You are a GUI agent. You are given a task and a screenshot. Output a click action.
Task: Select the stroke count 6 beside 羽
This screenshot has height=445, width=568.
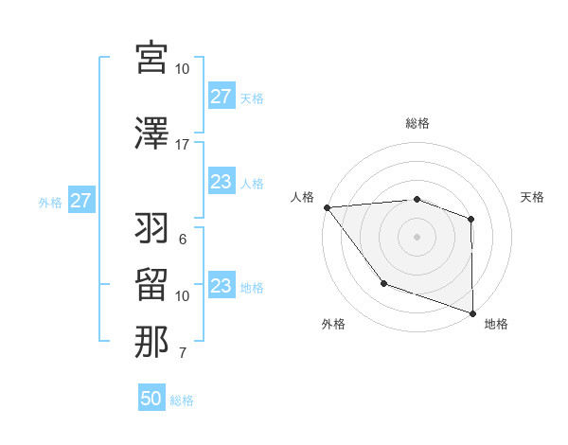[x=182, y=240]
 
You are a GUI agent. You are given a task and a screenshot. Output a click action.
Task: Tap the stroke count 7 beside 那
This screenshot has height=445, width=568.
[x=182, y=354]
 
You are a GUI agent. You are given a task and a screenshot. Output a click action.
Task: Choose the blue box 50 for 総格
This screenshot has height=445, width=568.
[x=151, y=400]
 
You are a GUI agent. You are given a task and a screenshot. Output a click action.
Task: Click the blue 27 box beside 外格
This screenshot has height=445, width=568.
[x=80, y=202]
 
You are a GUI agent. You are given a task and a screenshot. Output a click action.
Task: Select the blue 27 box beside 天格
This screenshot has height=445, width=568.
[x=221, y=98]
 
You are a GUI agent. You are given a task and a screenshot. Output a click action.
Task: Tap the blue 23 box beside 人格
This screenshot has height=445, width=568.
[x=221, y=183]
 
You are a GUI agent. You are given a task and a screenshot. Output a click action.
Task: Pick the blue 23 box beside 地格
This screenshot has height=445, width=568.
[x=221, y=287]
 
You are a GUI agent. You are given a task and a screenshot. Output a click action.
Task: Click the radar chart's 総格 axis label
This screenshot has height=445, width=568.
[x=417, y=123]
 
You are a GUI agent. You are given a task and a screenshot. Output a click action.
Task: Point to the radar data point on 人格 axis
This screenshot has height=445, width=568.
[x=327, y=206]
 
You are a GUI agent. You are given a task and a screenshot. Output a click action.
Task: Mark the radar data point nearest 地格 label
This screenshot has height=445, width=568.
[x=472, y=312]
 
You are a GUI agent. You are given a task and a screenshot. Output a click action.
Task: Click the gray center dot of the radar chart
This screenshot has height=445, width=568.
[x=417, y=236]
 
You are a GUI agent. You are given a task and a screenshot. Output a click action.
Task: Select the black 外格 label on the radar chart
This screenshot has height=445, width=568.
[x=333, y=324]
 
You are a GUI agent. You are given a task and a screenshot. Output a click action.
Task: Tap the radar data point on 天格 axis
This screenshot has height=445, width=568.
[x=470, y=219]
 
